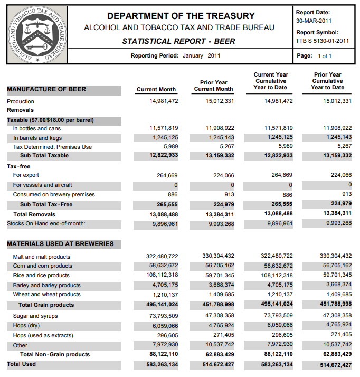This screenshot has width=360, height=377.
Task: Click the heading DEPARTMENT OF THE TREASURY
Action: pos(181,16)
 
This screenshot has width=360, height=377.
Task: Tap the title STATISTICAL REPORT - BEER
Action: pos(179,41)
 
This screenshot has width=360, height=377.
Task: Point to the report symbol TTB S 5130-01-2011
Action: pos(323,40)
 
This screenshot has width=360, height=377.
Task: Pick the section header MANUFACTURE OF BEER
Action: pos(46,89)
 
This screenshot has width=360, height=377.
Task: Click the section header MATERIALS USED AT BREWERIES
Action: pos(60,244)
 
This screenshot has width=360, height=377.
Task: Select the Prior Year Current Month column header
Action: pos(214,86)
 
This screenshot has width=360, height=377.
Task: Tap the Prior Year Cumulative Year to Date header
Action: pos(327,81)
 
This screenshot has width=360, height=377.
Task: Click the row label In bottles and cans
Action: pos(37,128)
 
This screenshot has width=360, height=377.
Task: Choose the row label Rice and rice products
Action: pos(41,275)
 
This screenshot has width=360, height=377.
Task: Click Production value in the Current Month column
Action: pos(164,101)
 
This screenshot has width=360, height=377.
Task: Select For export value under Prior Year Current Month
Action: pos(221,175)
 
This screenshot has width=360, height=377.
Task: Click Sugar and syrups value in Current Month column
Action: pos(162,316)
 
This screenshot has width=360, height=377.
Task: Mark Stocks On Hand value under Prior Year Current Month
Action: pos(221,223)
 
